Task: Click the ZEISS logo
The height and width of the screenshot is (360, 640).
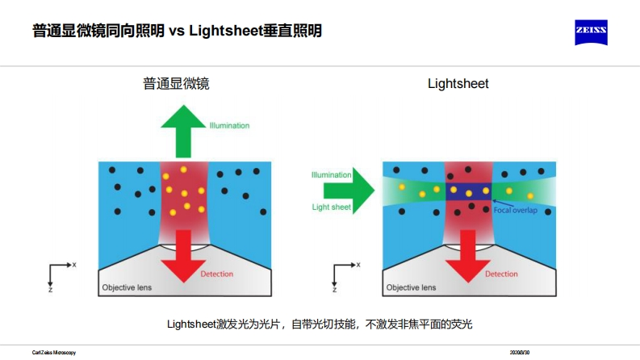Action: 591,32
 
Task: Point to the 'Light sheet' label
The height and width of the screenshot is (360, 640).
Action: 330,207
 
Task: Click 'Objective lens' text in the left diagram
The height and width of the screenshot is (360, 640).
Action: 126,287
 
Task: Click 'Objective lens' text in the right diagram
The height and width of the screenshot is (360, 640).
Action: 411,287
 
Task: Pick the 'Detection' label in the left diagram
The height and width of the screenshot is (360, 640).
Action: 216,274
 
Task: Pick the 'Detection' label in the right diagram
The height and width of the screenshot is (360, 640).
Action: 501,274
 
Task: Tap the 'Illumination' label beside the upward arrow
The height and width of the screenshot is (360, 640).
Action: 229,126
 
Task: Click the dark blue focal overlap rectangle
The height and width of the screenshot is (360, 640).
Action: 469,191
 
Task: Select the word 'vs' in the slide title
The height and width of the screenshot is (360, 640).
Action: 178,31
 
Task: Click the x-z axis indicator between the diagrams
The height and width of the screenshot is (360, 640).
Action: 342,274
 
